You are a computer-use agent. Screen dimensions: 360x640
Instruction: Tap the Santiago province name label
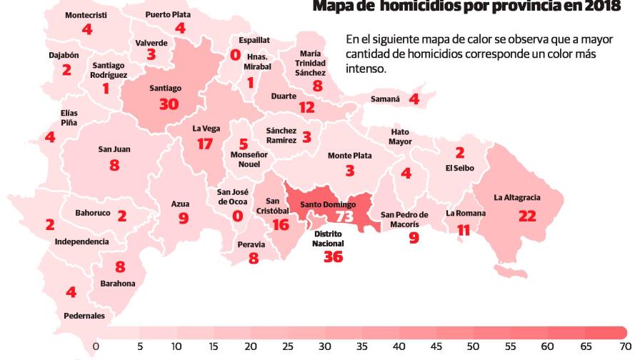coord(166,89)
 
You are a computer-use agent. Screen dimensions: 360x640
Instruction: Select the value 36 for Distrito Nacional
coord(333,257)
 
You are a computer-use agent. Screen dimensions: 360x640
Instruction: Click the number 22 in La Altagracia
coord(526,216)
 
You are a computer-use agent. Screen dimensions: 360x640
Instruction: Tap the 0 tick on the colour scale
coord(95,346)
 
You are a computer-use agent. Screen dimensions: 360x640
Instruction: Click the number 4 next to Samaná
coord(414,99)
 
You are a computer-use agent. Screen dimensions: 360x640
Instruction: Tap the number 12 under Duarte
coord(306,108)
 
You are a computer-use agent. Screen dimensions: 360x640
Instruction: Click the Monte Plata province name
coord(349,155)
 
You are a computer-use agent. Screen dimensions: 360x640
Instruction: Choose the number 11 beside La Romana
coord(464,230)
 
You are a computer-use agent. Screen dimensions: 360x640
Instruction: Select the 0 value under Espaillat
coord(235,54)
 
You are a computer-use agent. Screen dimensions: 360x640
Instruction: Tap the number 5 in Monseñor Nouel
coord(244,144)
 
